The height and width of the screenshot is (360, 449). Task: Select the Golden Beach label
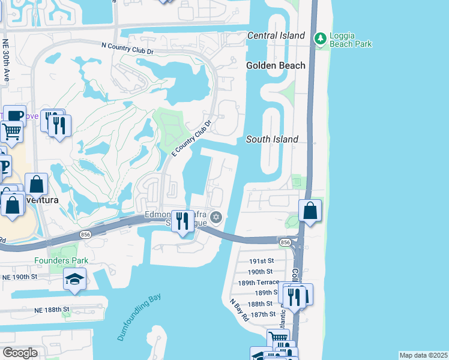tap(276, 65)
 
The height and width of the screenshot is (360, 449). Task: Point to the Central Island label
tap(276, 36)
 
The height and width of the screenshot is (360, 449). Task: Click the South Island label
tap(272, 139)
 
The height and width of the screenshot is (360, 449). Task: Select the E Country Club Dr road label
tap(192, 138)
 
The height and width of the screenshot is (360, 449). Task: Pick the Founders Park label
tap(61, 260)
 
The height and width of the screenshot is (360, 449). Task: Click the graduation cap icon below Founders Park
tap(74, 279)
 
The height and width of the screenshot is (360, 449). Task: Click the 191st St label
tap(262, 261)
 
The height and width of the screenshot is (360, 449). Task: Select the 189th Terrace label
tap(259, 282)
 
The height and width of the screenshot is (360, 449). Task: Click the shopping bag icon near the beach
tap(310, 211)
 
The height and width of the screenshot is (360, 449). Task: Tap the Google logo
tap(20, 352)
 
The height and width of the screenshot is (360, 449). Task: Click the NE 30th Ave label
tap(5, 61)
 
